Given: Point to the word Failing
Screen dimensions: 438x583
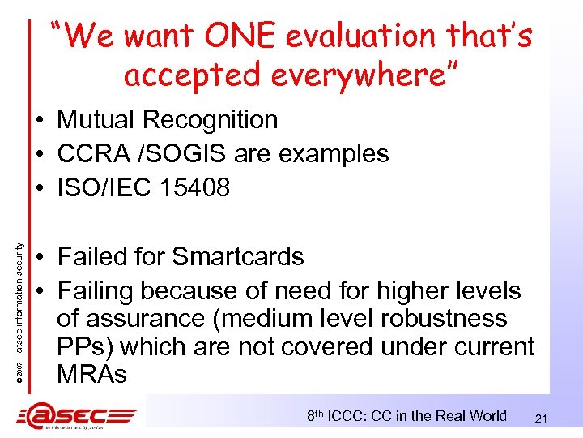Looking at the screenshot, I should point(98,290).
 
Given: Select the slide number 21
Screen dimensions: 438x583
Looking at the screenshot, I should point(543,418).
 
